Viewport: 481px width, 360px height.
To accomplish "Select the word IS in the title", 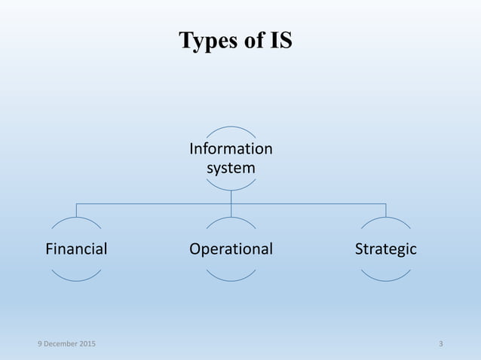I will (280, 41).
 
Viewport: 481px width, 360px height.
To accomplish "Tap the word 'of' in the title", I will (250, 41).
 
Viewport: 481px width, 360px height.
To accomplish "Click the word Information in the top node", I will (231, 148).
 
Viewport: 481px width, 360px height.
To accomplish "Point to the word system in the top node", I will (231, 167).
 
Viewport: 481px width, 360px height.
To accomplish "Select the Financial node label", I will (76, 249).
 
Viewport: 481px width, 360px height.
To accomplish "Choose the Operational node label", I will (231, 249).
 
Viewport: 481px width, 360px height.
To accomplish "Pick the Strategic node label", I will (385, 249).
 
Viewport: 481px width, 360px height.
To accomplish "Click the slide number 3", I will (440, 344).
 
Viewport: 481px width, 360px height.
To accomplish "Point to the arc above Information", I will (231, 127).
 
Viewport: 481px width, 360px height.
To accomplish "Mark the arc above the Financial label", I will (76, 218).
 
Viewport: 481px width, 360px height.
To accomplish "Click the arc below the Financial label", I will (76, 280).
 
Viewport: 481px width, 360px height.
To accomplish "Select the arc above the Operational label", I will (231, 219).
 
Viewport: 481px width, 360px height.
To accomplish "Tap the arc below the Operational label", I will (231, 280).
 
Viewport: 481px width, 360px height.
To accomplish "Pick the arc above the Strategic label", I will (385, 218).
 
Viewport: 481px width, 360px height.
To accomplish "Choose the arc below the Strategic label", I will (385, 280).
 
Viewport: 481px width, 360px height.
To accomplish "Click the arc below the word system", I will (231, 189).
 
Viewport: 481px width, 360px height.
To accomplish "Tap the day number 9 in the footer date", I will (41, 344).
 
